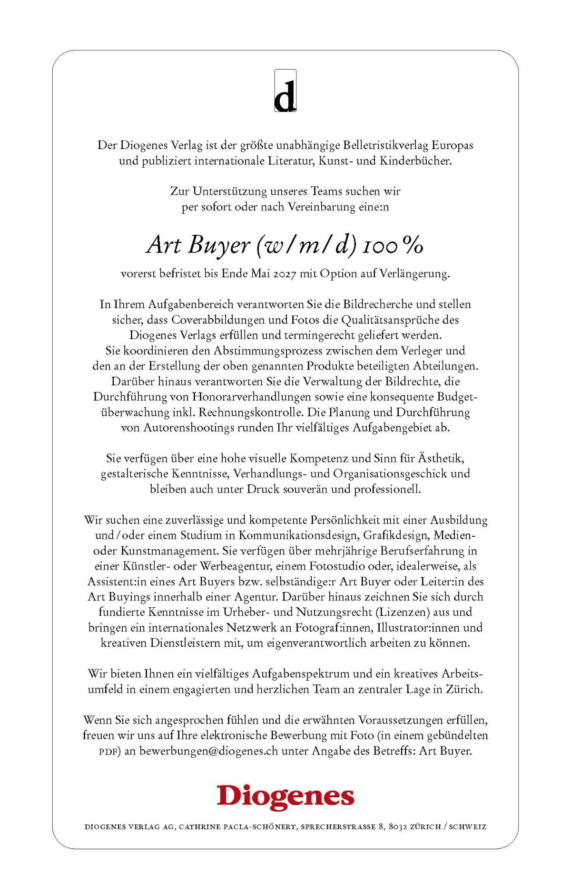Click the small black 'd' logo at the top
point(285,91)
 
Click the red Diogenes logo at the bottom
point(285,797)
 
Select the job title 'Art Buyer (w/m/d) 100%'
point(285,245)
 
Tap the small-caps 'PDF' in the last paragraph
point(108,752)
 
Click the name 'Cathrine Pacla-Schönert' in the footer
point(238,827)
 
